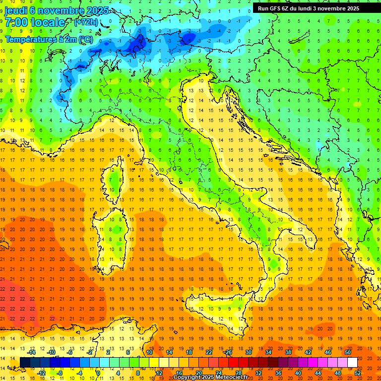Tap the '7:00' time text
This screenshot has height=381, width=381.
(15, 22)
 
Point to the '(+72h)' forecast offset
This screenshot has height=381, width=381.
(85, 22)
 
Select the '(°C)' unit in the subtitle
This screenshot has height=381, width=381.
(85, 39)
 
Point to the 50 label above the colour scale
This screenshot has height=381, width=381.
(348, 352)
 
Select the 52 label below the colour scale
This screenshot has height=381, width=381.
(358, 373)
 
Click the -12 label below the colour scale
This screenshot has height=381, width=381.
(42, 373)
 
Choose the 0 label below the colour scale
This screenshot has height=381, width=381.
(99, 373)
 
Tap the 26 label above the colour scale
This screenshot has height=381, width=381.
(229, 352)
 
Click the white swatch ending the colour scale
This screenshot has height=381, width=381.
(352, 362)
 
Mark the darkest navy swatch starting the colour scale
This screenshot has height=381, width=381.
(25, 362)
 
